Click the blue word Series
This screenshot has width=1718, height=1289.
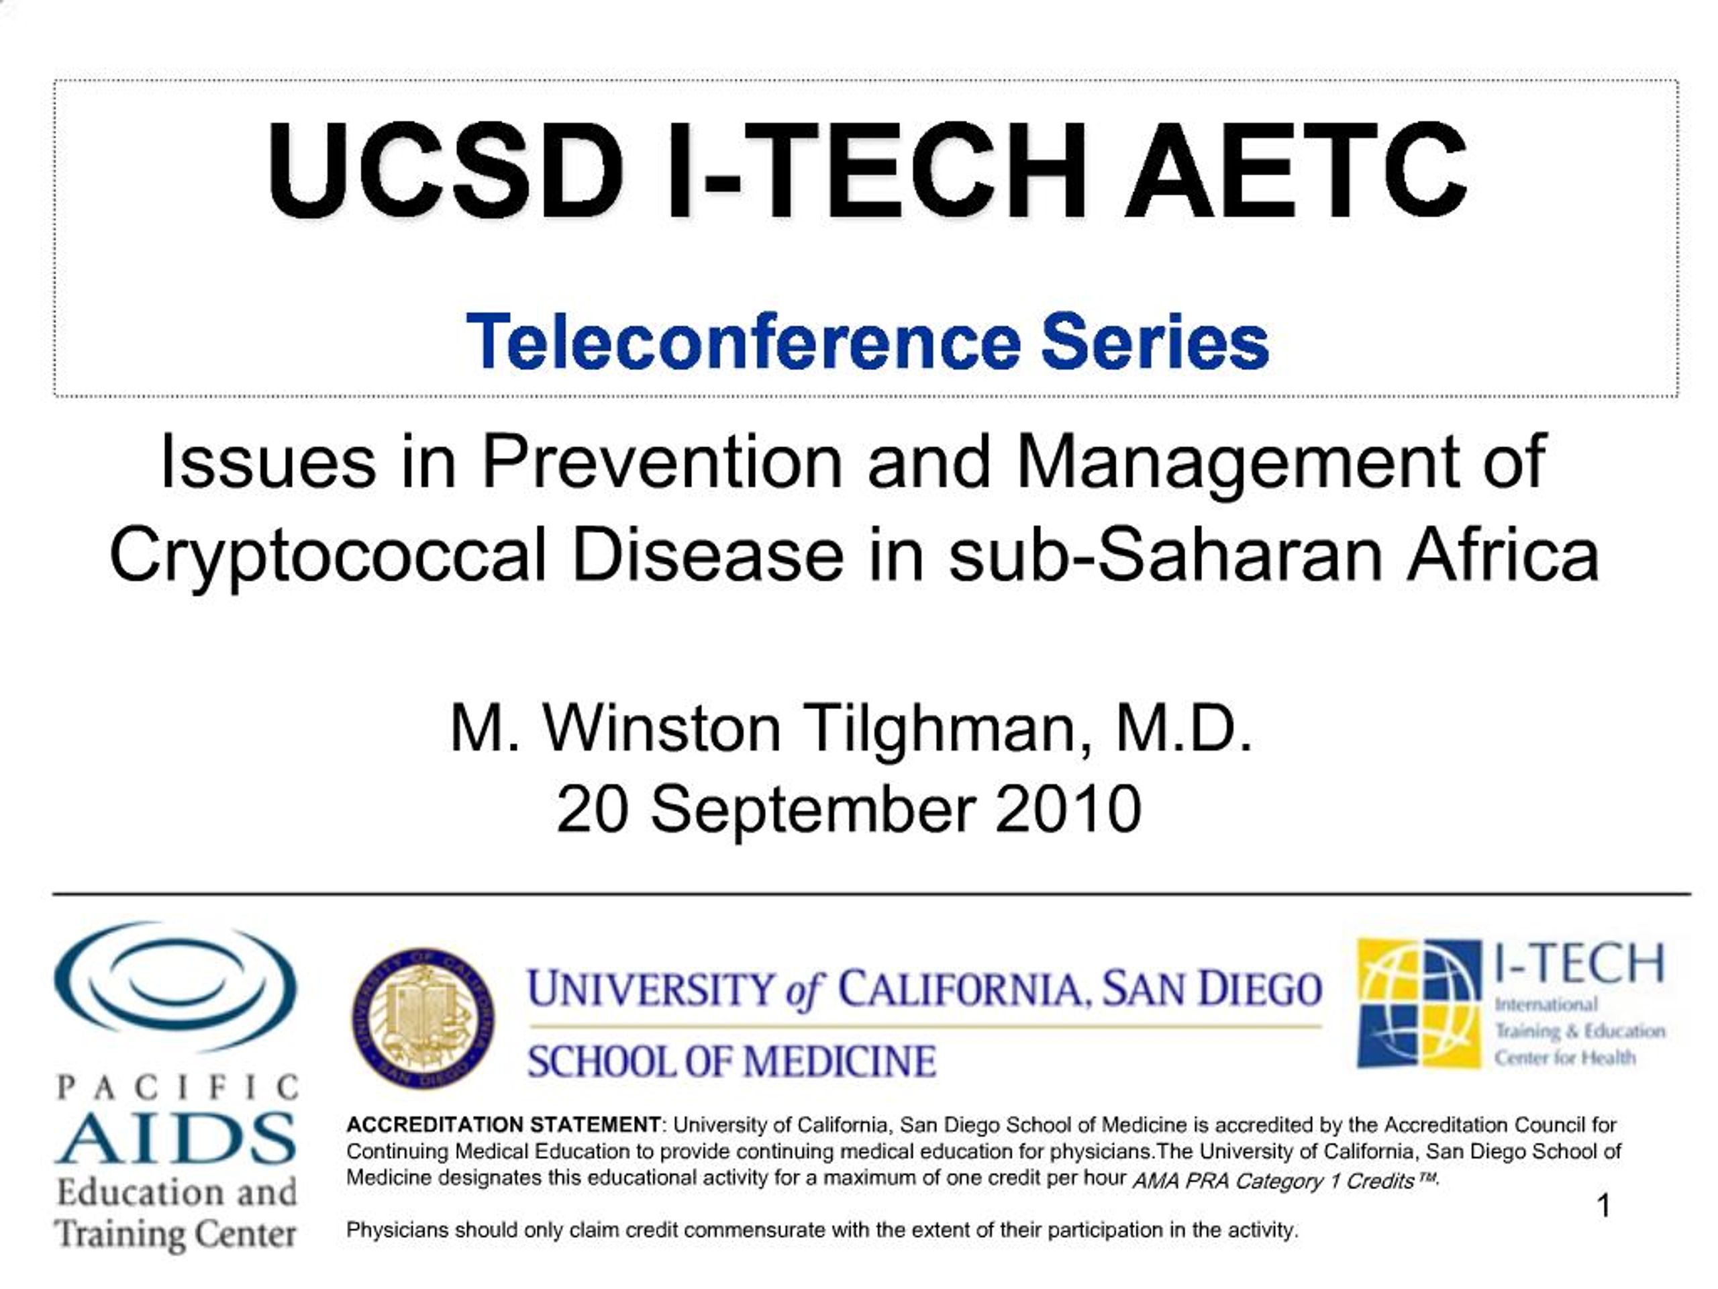[1155, 341]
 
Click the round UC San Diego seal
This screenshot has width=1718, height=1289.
[423, 1017]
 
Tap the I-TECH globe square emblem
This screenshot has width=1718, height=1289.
[1418, 1002]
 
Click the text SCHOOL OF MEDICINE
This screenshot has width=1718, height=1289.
[731, 1061]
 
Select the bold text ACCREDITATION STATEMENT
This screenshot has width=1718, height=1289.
[503, 1125]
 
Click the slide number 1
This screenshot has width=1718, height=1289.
[1604, 1206]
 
